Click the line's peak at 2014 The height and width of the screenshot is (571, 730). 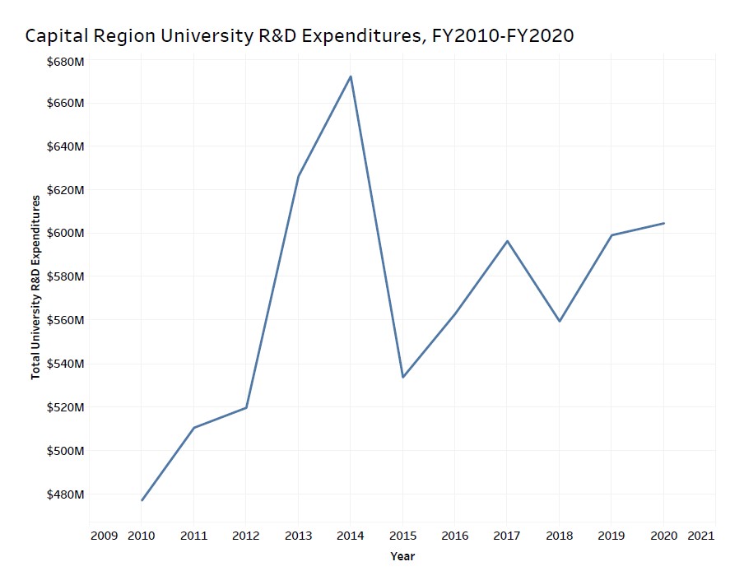(351, 77)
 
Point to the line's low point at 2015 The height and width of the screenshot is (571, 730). (402, 377)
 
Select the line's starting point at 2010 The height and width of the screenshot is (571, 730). (142, 500)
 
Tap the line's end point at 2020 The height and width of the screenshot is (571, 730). (663, 223)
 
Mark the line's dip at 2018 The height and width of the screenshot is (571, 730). (560, 321)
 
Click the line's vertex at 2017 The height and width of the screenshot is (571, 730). (507, 241)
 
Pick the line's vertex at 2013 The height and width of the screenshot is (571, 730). (298, 176)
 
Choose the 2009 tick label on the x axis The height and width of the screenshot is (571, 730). (104, 536)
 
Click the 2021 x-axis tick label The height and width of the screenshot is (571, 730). (700, 536)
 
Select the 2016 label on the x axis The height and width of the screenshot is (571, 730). (455, 536)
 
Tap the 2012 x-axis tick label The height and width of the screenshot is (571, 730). (246, 536)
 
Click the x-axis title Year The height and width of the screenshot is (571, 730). (402, 557)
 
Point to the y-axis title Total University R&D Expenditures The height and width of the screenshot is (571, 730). (35, 287)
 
